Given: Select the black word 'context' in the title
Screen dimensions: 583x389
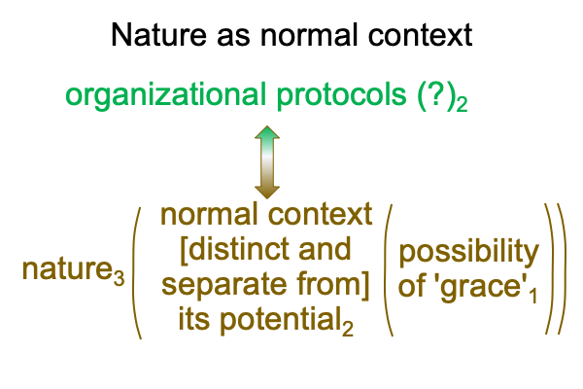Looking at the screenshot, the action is [420, 35].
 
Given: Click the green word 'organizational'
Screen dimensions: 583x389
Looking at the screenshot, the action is [165, 95].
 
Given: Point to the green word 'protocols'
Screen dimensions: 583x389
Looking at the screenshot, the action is [341, 95].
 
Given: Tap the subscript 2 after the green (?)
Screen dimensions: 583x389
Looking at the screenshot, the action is [462, 104].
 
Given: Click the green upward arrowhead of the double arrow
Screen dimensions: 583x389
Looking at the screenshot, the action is [267, 133].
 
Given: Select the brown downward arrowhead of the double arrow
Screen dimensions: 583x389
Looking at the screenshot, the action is [267, 192].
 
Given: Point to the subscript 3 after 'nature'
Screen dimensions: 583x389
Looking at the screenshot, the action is [119, 278].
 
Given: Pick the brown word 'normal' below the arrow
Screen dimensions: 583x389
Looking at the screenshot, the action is [209, 214].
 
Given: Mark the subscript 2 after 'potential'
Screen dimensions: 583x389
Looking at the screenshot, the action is [348, 330].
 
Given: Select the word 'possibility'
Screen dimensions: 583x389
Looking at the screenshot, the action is [469, 253].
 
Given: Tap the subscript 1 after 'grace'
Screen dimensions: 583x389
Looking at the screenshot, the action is [533, 297].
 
